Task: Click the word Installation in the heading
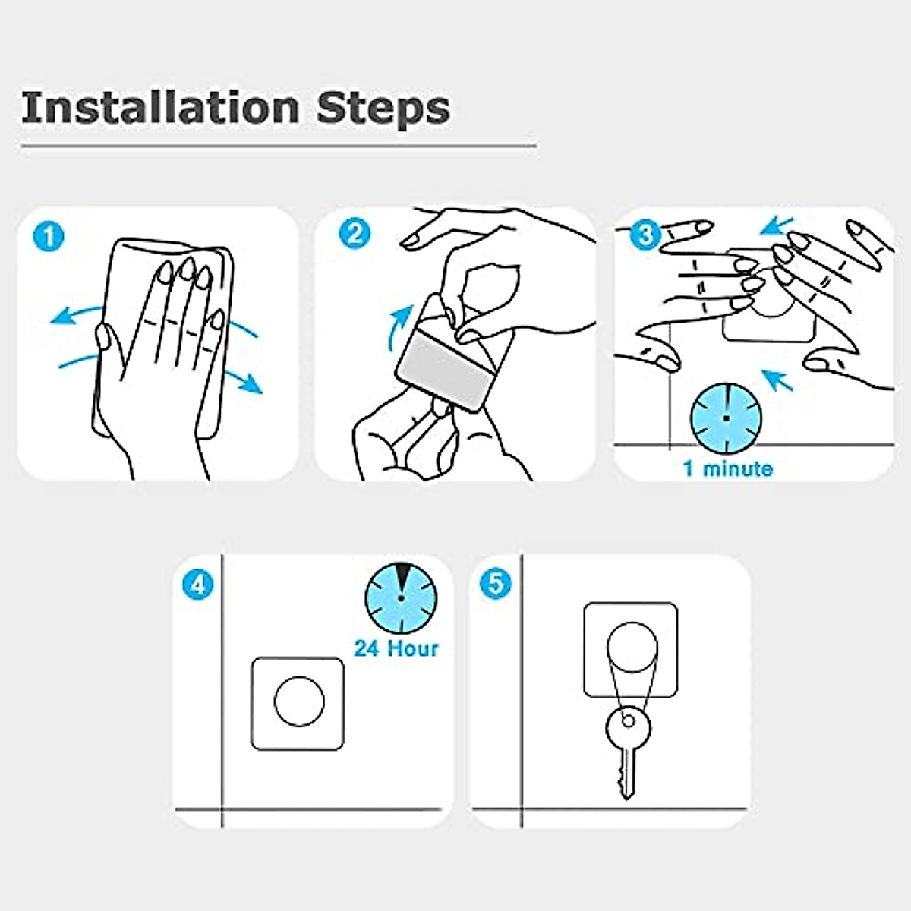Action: tap(159, 109)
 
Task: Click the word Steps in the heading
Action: tap(383, 109)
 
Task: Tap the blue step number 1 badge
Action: tap(49, 236)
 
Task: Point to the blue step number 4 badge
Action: tap(197, 585)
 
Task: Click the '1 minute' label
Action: tap(728, 469)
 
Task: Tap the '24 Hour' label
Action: tap(396, 648)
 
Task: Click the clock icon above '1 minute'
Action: tap(727, 418)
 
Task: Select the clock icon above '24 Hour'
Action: tap(401, 598)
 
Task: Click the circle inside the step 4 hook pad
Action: tap(299, 701)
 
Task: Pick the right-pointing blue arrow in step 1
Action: tap(244, 381)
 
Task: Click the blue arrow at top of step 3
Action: tap(777, 225)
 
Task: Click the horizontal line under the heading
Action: tap(279, 146)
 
